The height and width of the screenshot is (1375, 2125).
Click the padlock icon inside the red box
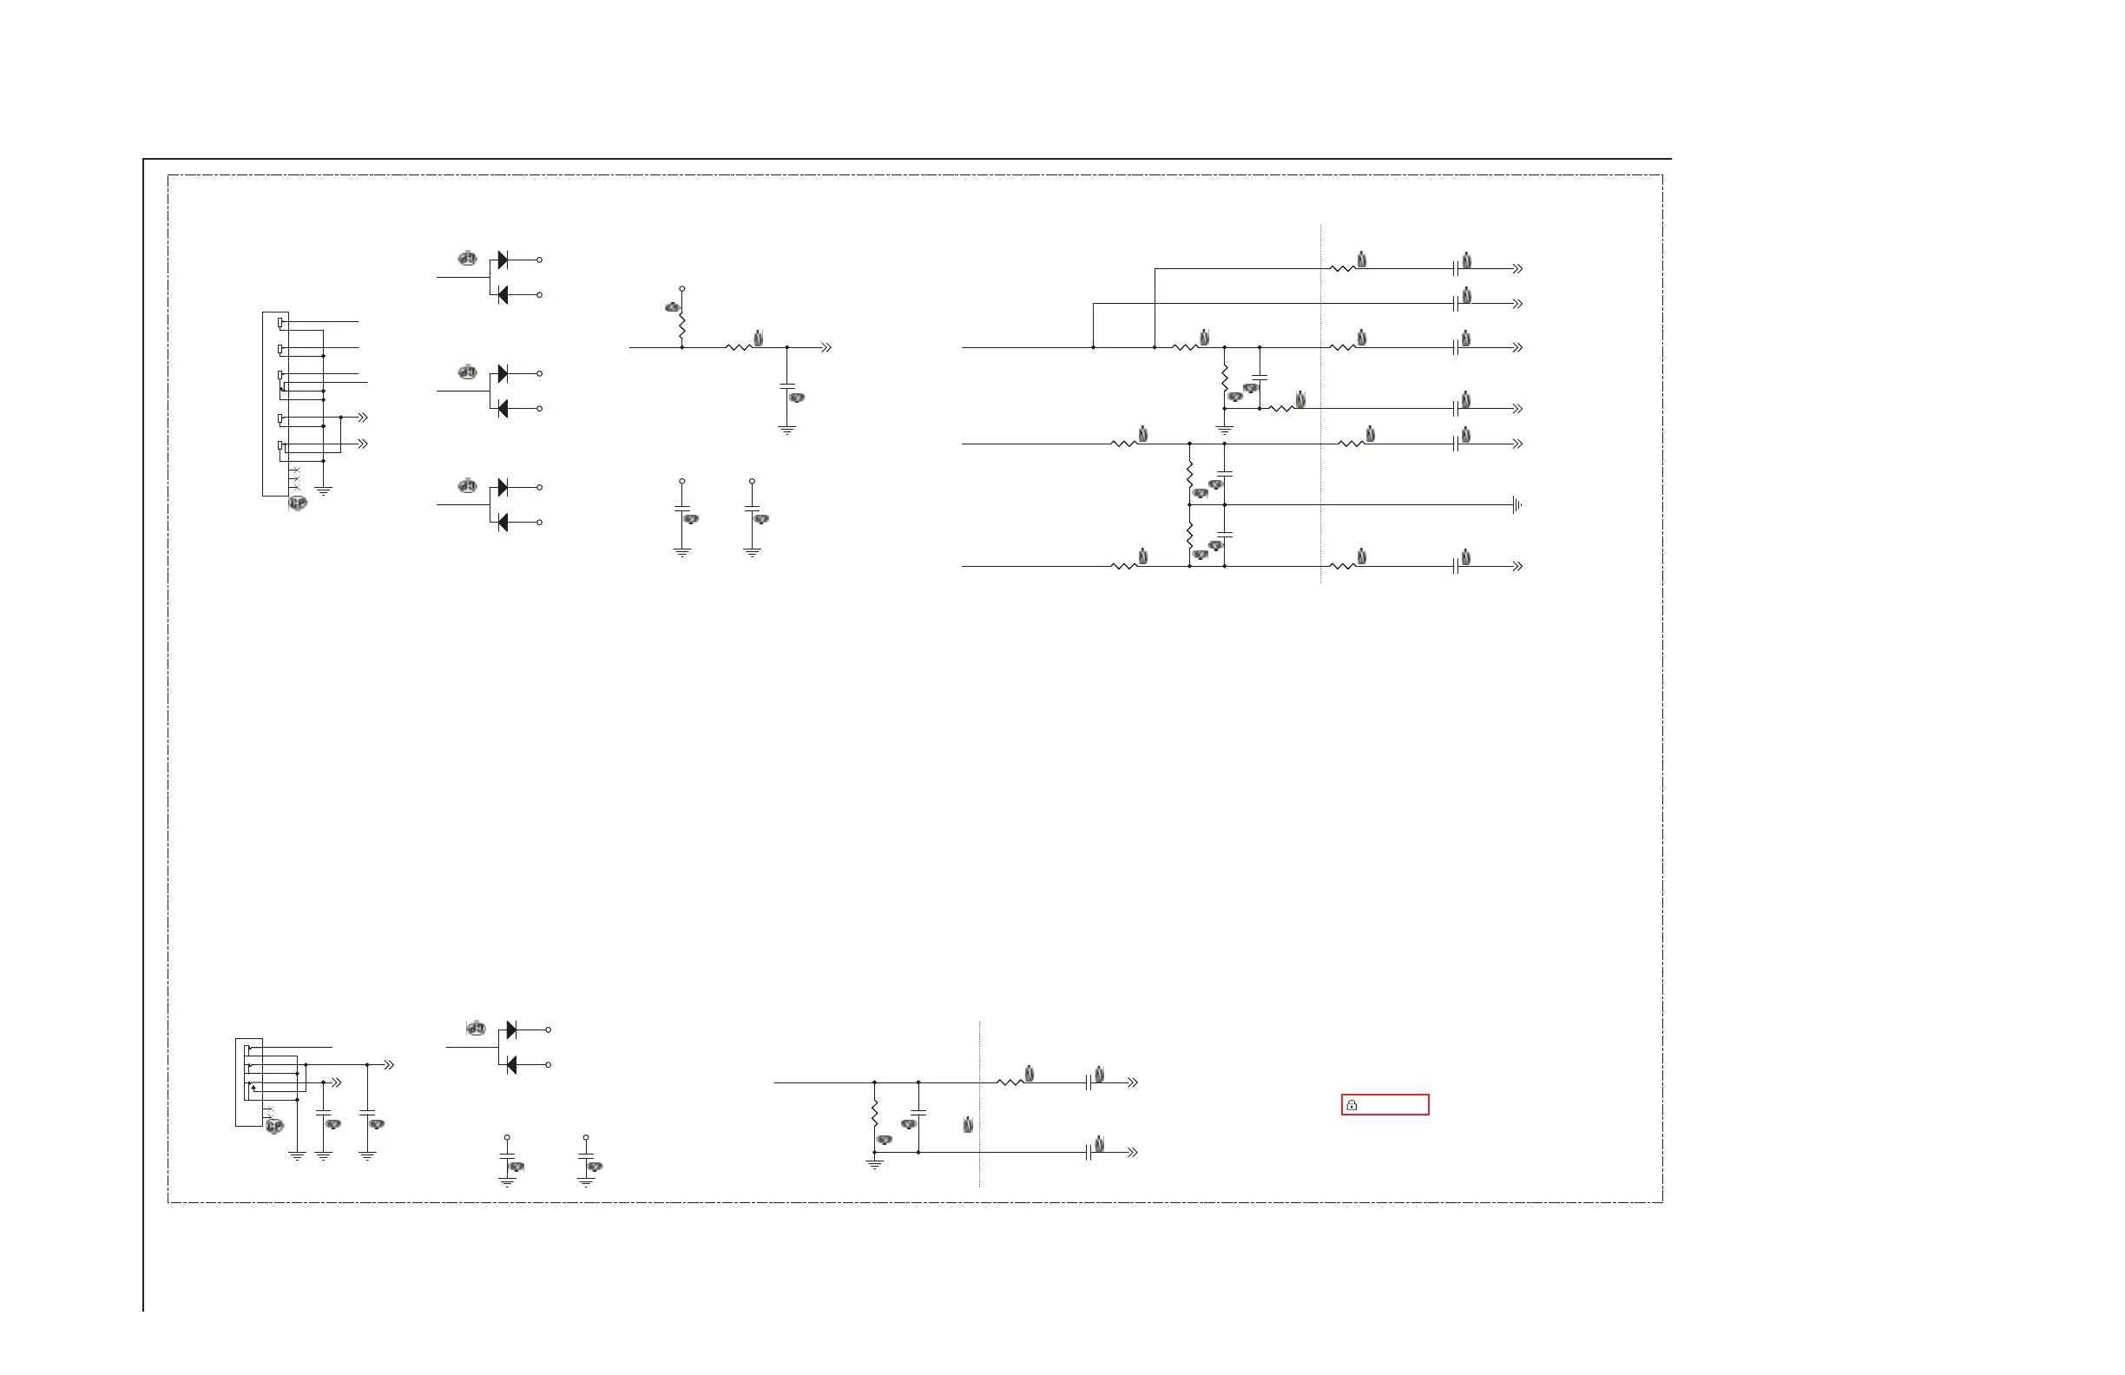pos(1352,1105)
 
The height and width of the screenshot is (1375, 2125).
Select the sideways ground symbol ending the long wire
pos(1516,505)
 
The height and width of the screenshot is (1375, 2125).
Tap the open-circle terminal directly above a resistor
pos(682,289)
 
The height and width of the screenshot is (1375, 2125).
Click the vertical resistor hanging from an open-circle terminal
pos(682,326)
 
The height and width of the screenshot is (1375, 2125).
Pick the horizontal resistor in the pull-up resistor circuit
pos(739,347)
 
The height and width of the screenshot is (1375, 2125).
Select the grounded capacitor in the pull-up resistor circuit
pos(786,386)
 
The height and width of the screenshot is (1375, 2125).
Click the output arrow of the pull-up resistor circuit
pos(826,347)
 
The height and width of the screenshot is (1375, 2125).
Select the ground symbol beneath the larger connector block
pos(323,490)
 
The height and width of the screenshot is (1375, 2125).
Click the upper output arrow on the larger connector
pos(363,417)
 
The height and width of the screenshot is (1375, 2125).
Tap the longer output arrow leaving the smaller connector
pos(388,1065)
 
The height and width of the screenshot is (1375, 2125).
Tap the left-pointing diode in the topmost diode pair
pos(503,294)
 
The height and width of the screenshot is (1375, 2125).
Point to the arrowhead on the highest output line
pos(1517,269)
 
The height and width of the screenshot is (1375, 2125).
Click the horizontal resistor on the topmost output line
pos(1342,269)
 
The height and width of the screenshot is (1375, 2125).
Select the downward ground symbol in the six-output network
pos(1224,430)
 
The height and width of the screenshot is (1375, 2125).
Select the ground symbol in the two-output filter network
pos(874,1163)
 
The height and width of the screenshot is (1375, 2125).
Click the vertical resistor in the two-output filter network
pos(874,1115)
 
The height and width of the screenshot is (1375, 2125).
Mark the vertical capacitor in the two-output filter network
pos(918,1113)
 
